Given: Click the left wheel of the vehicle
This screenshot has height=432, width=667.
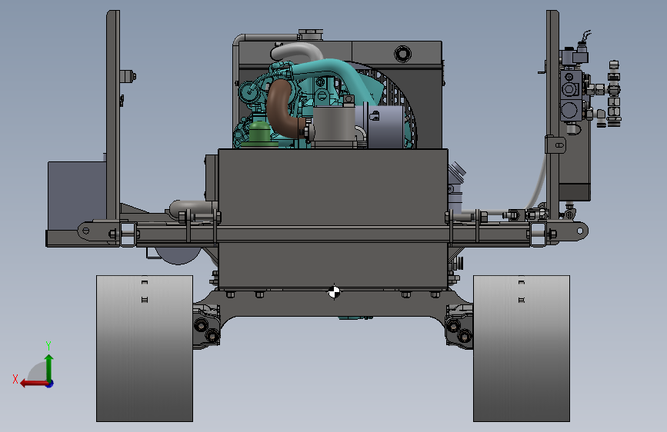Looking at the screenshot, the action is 145,348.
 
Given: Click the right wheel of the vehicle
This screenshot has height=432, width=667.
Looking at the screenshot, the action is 522,348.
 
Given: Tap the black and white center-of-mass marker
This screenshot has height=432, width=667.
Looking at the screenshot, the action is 334,292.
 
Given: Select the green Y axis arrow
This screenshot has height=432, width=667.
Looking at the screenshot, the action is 49,368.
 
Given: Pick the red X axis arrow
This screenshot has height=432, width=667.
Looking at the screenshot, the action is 34,384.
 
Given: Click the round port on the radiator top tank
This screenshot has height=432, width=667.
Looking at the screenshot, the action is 402,54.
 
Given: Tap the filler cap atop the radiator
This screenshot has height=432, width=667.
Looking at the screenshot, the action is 311,33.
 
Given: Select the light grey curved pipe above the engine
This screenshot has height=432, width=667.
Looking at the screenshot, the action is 298,52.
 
